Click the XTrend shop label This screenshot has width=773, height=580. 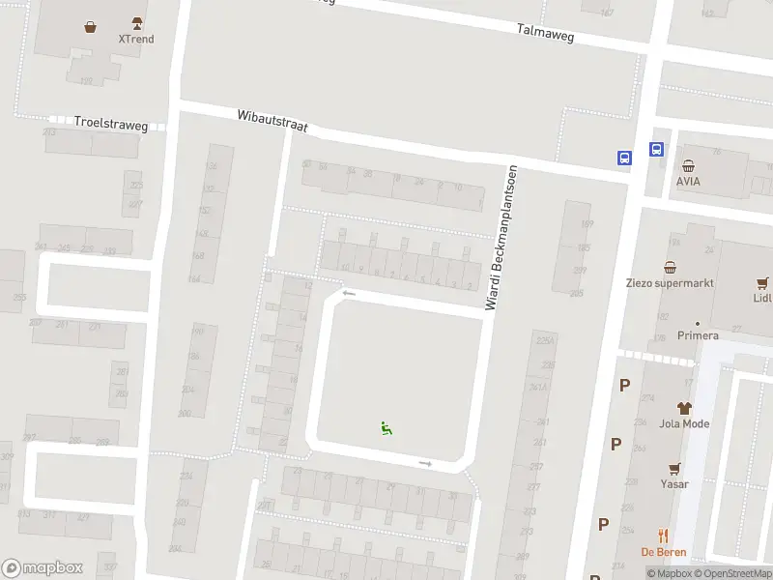tap(135, 40)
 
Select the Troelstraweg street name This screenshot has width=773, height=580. tap(111, 123)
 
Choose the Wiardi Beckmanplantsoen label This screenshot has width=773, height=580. tap(502, 238)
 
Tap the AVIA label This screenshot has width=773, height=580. tap(688, 181)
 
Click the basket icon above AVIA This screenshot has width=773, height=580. tap(688, 165)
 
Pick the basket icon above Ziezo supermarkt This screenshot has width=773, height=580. tap(670, 267)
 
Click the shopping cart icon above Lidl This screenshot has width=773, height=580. tap(762, 283)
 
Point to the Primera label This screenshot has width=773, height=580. tap(697, 335)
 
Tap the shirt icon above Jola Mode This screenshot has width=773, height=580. tap(684, 408)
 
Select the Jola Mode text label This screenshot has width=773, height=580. tap(684, 423)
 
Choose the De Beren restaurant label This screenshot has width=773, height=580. tap(663, 551)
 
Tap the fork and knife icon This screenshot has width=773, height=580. tap(663, 535)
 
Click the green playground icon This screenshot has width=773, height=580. tap(386, 428)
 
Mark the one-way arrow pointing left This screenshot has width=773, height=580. tap(349, 294)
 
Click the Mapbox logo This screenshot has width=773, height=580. tap(43, 568)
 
